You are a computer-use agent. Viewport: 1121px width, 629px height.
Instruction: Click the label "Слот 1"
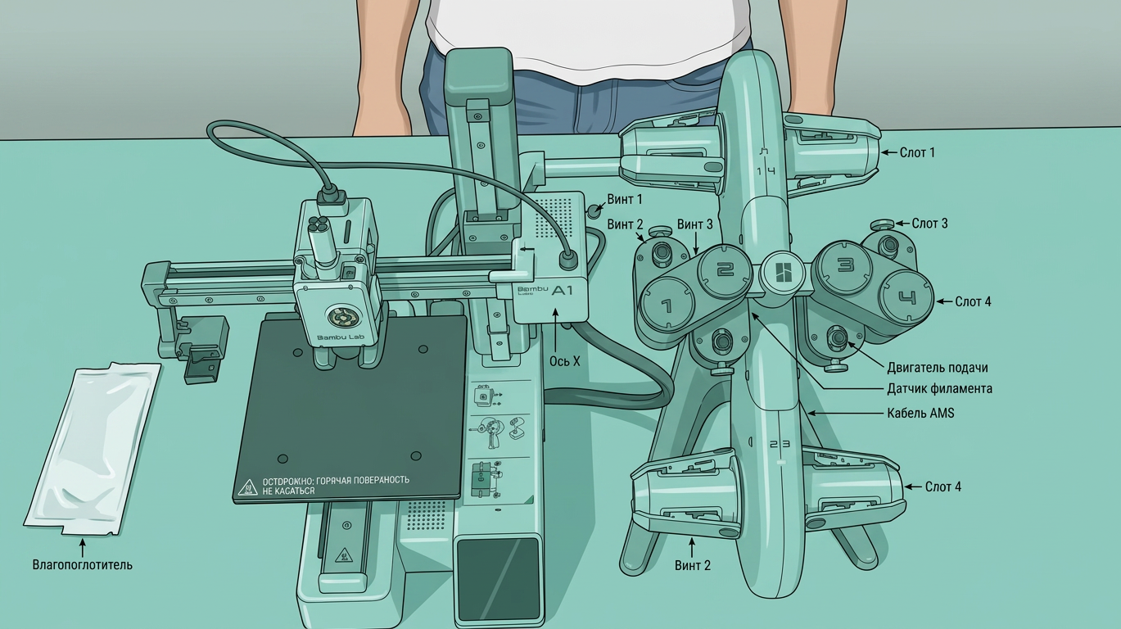pos(917,152)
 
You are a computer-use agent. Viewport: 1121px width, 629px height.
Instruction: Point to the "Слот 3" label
pos(930,224)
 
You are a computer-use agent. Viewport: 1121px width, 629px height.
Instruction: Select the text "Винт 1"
pos(625,199)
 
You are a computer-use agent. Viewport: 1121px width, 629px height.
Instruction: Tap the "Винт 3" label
pos(694,224)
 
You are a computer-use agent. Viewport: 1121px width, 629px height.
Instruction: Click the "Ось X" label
pos(565,361)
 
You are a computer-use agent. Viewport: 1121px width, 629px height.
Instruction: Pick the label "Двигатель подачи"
pos(938,368)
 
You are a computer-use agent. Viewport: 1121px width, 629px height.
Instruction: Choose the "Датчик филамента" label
pos(939,389)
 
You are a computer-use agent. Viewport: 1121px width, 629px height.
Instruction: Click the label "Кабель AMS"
pos(920,414)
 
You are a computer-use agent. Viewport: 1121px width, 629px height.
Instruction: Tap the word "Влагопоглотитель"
pos(83,565)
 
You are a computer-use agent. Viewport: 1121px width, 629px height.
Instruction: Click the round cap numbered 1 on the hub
pos(667,304)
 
